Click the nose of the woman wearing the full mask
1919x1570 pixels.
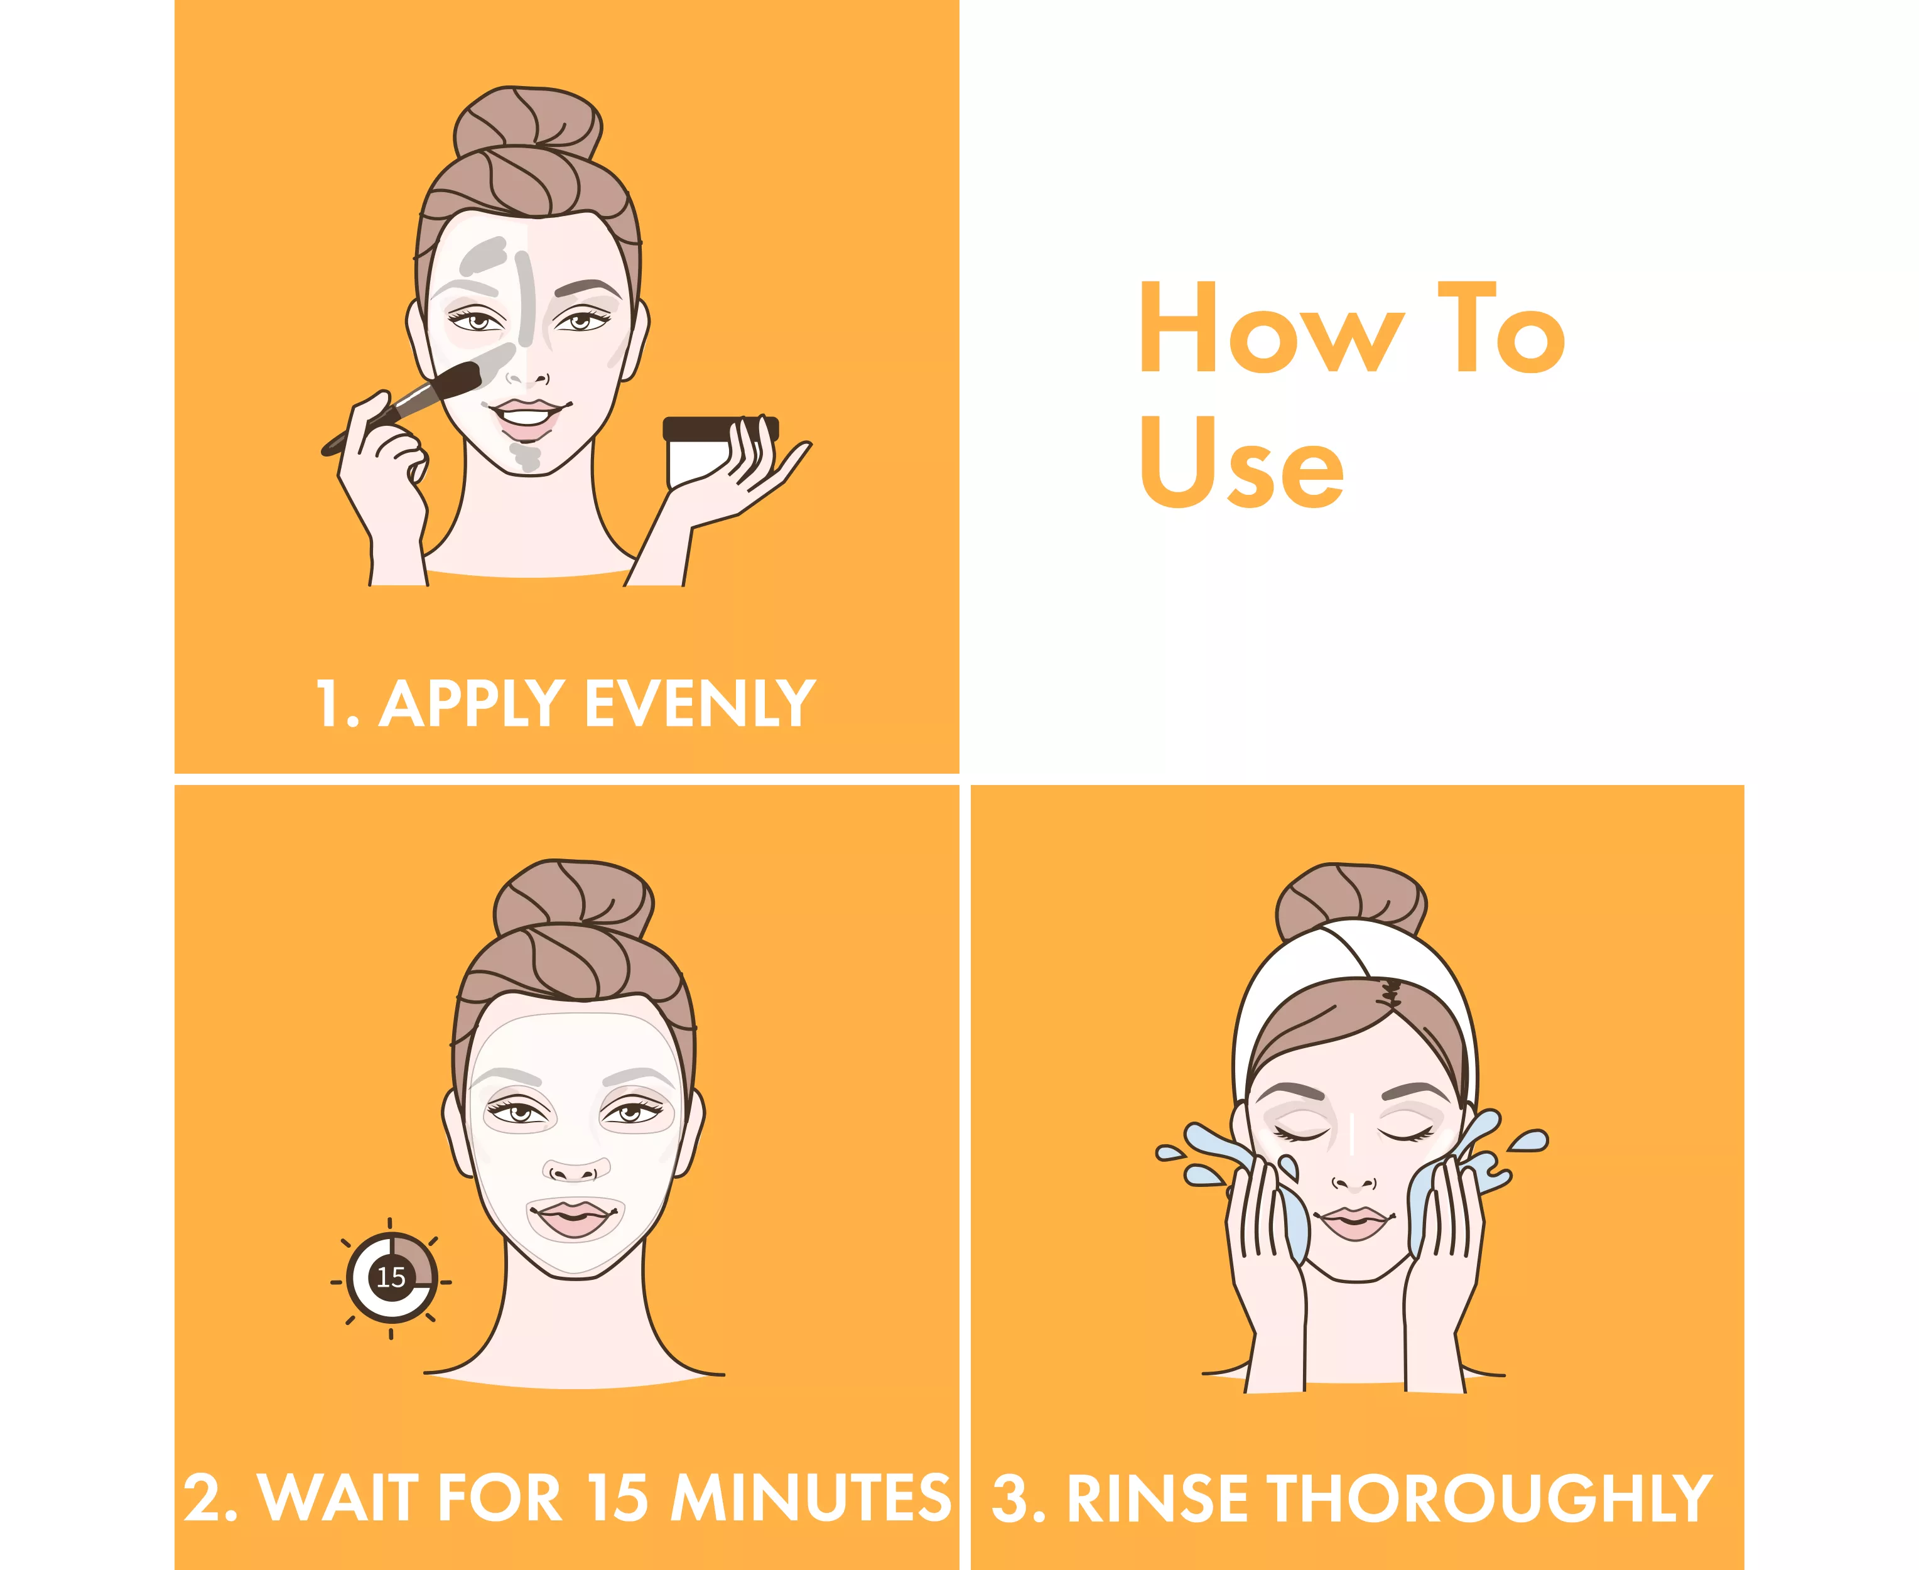pyautogui.click(x=575, y=1169)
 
